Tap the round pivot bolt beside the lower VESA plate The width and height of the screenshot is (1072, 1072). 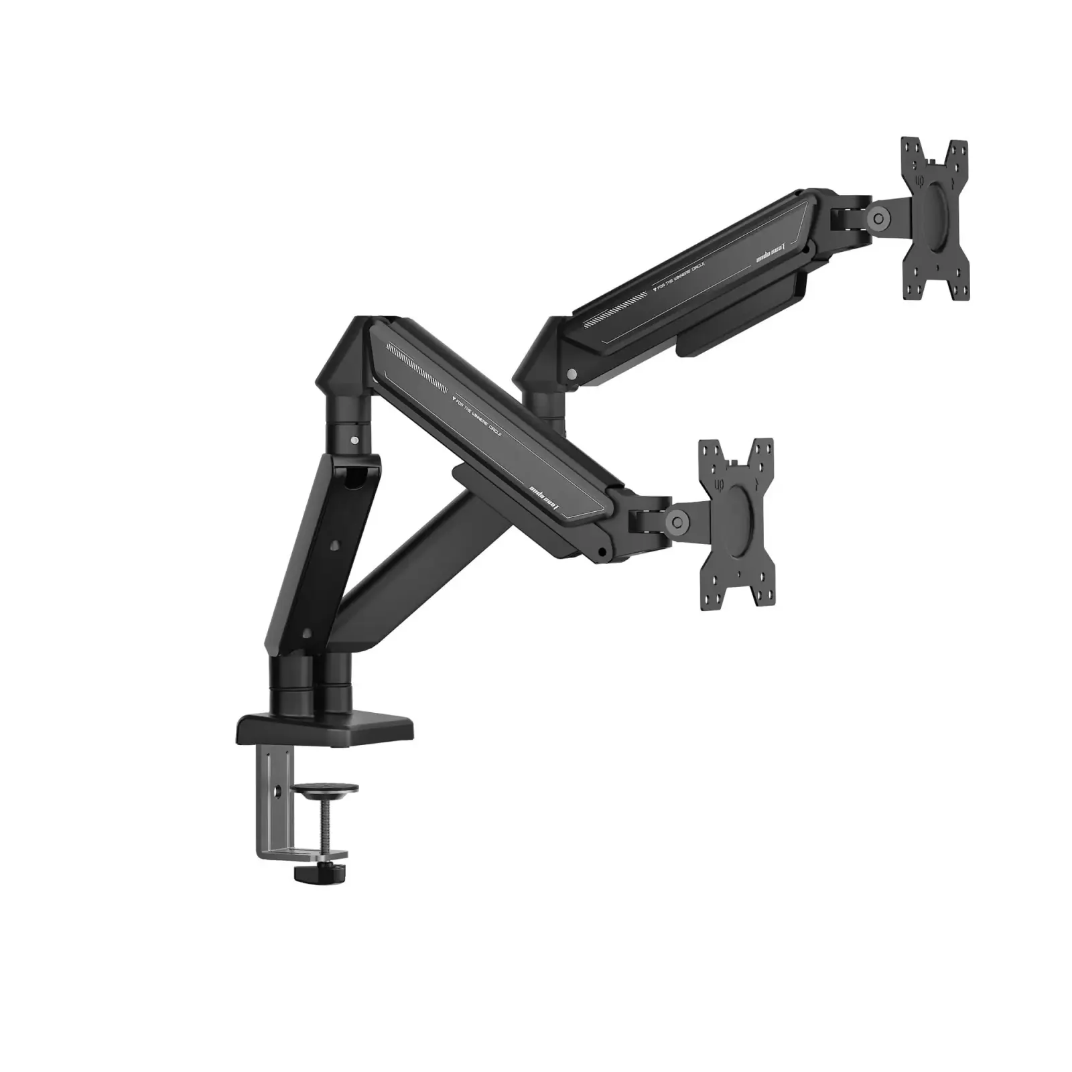(x=677, y=519)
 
